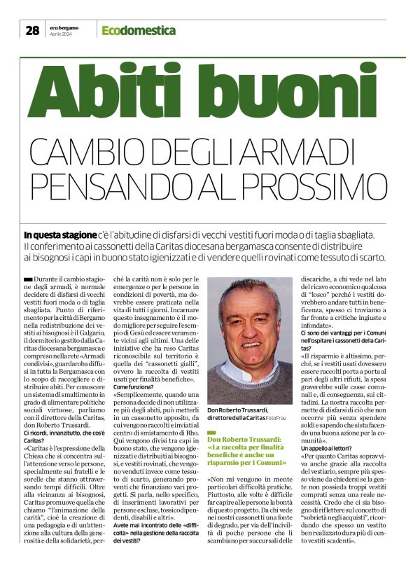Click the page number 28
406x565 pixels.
tap(32, 30)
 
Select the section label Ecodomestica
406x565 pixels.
tap(138, 30)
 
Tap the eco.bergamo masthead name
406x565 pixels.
tap(64, 27)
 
